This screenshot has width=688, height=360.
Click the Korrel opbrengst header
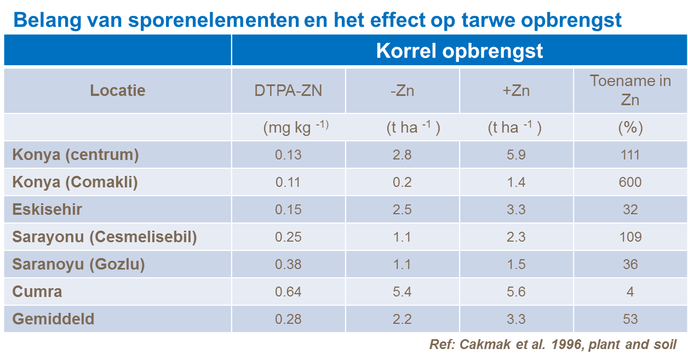point(459,51)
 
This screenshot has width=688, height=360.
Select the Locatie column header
point(118,90)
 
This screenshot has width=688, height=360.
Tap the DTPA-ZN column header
point(288,90)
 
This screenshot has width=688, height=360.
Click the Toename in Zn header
point(630,90)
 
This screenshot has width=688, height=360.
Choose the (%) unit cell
point(630,128)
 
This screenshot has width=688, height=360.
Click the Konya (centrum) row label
point(76,155)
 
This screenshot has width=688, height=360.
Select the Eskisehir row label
point(47,209)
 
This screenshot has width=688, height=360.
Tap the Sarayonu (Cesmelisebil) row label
point(104,237)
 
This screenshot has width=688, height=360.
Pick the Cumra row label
point(37,292)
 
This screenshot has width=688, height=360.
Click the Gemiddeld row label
point(53,319)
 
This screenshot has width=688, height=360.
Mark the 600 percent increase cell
point(630,182)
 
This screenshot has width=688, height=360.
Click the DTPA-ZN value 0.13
point(288,155)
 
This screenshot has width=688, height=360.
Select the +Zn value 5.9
point(516,155)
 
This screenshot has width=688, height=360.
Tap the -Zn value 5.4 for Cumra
point(402,292)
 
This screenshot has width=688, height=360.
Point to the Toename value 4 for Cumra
point(630,292)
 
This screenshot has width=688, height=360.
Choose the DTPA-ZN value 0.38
point(288,264)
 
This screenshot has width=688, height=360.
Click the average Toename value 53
point(630,319)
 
